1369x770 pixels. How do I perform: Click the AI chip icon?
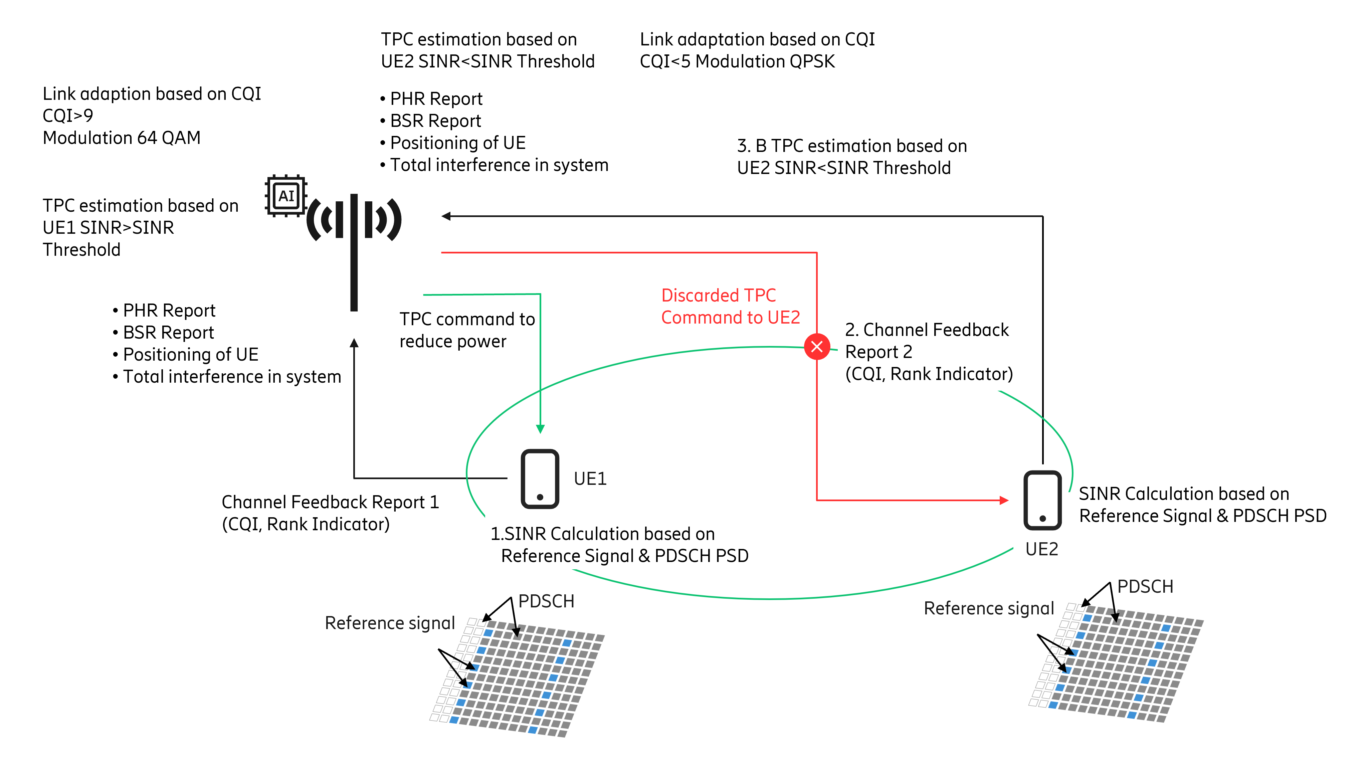[x=286, y=196]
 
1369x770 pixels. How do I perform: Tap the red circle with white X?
[x=816, y=347]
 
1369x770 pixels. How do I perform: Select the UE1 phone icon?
[x=539, y=478]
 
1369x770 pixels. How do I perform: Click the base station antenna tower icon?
[x=354, y=239]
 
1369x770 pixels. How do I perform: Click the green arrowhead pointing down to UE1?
[x=540, y=428]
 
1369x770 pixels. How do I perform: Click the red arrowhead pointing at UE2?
[x=1003, y=500]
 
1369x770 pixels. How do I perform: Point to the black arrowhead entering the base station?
[x=446, y=216]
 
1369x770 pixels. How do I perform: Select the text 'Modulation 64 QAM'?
[x=122, y=138]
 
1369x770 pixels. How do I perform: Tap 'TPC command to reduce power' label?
[x=466, y=330]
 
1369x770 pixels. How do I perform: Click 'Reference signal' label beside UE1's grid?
[x=390, y=623]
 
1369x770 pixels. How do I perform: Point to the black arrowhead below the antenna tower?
[x=354, y=343]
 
